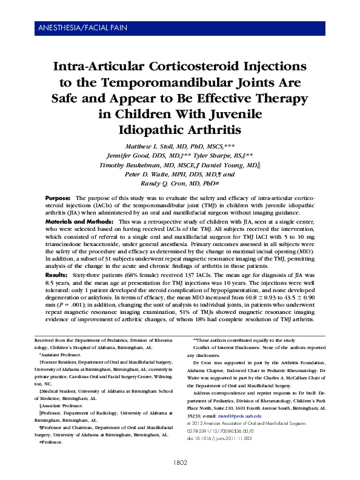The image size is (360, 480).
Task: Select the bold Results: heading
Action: (58, 275)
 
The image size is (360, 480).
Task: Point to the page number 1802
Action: (181, 462)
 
